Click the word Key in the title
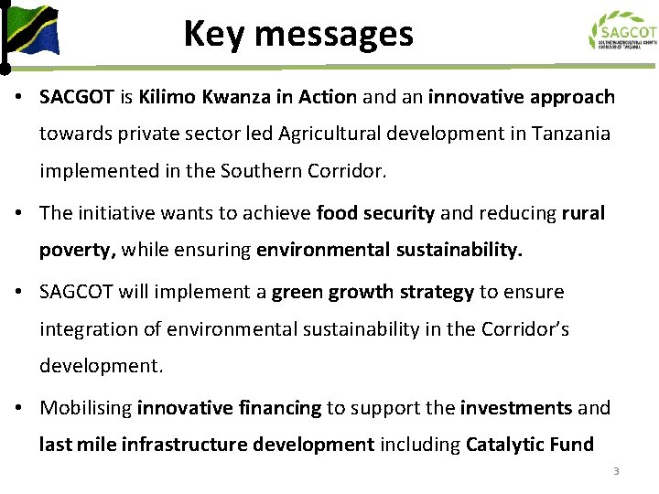coord(212,35)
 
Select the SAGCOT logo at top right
coord(622,31)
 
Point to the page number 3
coord(616,471)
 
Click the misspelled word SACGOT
coord(76,97)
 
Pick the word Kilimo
coord(166,97)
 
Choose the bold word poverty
coord(78,250)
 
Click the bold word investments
coord(516,408)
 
